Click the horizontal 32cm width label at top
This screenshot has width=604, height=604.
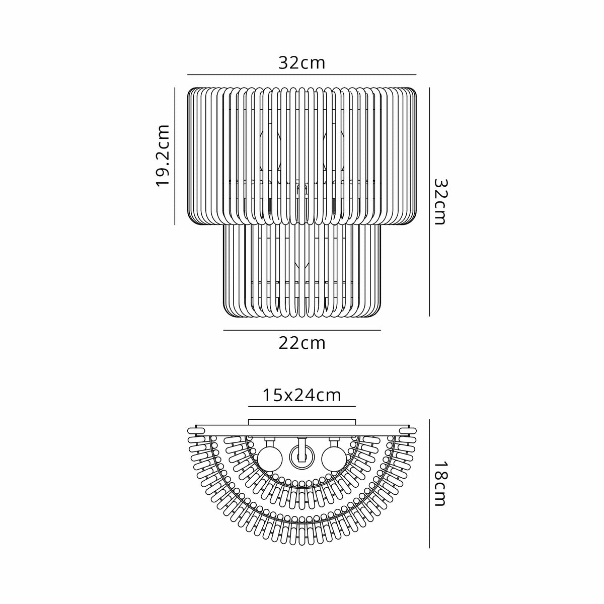[x=302, y=63]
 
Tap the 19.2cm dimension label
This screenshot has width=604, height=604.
[x=163, y=156]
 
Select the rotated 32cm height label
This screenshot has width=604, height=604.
[x=439, y=202]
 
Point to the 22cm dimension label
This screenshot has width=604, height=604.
[x=302, y=344]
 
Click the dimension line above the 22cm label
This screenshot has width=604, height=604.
[x=302, y=330]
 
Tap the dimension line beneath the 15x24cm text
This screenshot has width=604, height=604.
[x=302, y=406]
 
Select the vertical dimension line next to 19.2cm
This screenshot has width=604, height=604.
[x=175, y=156]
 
